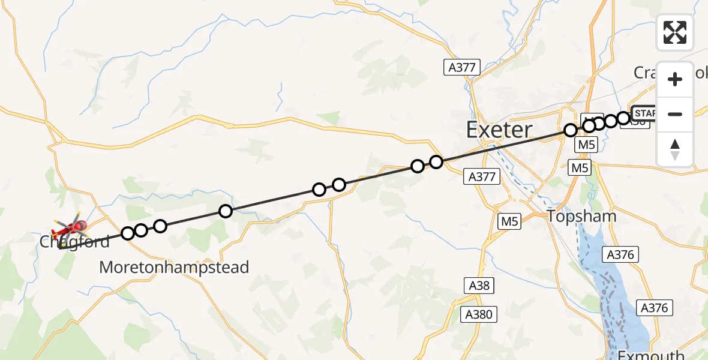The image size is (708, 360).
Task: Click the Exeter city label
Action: pos(499,130)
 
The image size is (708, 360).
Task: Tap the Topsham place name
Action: pos(573,216)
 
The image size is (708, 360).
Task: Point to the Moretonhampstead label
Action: pos(174,267)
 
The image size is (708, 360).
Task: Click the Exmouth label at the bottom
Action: pos(651,354)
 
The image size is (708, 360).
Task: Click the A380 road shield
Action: pos(478,314)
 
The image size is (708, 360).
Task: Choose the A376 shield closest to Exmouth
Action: pos(653,308)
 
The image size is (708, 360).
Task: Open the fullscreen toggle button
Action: pos(675,32)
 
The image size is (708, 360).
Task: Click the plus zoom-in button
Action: pos(675,79)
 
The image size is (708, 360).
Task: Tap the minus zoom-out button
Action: pos(675,114)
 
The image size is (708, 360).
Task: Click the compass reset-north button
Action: pos(675,149)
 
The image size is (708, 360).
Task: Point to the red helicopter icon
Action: pos(70,228)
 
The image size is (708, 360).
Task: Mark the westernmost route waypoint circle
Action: pos(128,233)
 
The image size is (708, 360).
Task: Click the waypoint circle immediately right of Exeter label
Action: pos(570,130)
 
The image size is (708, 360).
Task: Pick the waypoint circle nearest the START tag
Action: pos(623,118)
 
